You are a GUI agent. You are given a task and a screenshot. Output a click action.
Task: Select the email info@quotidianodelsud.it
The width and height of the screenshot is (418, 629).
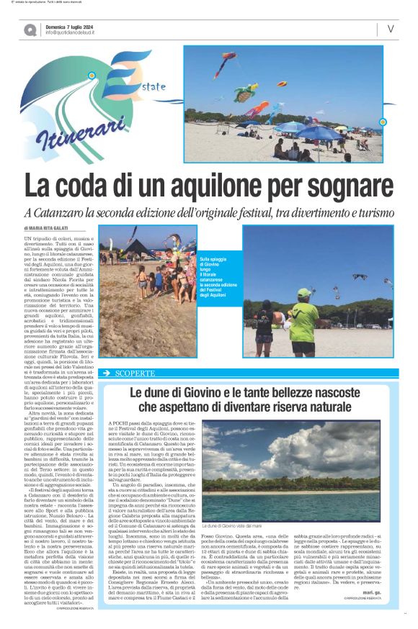coord(77,32)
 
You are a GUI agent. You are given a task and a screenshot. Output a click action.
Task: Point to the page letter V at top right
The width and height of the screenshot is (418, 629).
coord(390,29)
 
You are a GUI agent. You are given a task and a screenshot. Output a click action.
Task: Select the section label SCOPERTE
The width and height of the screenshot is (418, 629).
coord(135,374)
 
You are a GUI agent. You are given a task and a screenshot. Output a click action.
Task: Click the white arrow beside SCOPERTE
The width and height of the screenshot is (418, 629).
coord(107,374)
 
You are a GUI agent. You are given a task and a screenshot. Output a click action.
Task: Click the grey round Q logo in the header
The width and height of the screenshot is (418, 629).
coord(30,30)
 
